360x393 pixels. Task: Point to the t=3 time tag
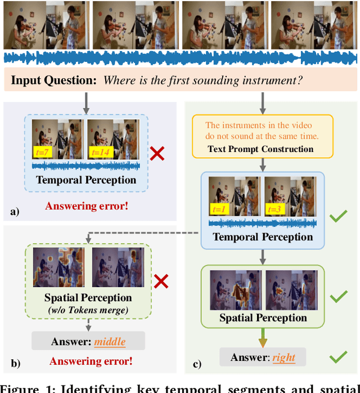[x=276, y=209]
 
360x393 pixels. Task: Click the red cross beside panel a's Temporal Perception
[x=157, y=153]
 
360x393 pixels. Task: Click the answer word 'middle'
[x=110, y=341]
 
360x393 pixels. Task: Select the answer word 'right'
[x=283, y=358]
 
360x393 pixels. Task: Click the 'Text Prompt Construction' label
[x=260, y=149]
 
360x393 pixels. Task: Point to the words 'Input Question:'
[x=55, y=80]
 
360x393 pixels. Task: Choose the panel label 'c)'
[x=197, y=364]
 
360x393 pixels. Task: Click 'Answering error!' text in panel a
[x=94, y=206]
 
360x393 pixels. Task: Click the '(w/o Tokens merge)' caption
[x=88, y=309]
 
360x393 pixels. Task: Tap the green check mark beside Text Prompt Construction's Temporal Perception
[x=337, y=216]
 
